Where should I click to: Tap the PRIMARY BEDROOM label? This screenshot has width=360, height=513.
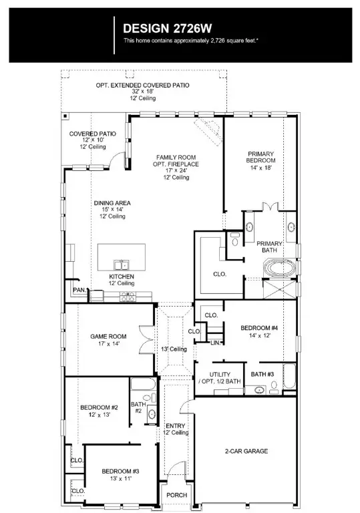pyautogui.click(x=260, y=161)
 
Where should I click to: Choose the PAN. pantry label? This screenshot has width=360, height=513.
pyautogui.click(x=79, y=291)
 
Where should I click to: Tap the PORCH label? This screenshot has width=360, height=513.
pyautogui.click(x=177, y=495)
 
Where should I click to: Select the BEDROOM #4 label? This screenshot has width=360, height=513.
pyautogui.click(x=260, y=332)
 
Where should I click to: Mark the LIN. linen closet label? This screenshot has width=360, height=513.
pyautogui.click(x=214, y=343)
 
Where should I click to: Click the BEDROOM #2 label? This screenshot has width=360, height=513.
pyautogui.click(x=99, y=411)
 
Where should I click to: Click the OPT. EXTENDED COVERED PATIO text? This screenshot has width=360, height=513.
pyautogui.click(x=142, y=85)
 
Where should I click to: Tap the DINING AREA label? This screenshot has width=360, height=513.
pyautogui.click(x=112, y=209)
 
